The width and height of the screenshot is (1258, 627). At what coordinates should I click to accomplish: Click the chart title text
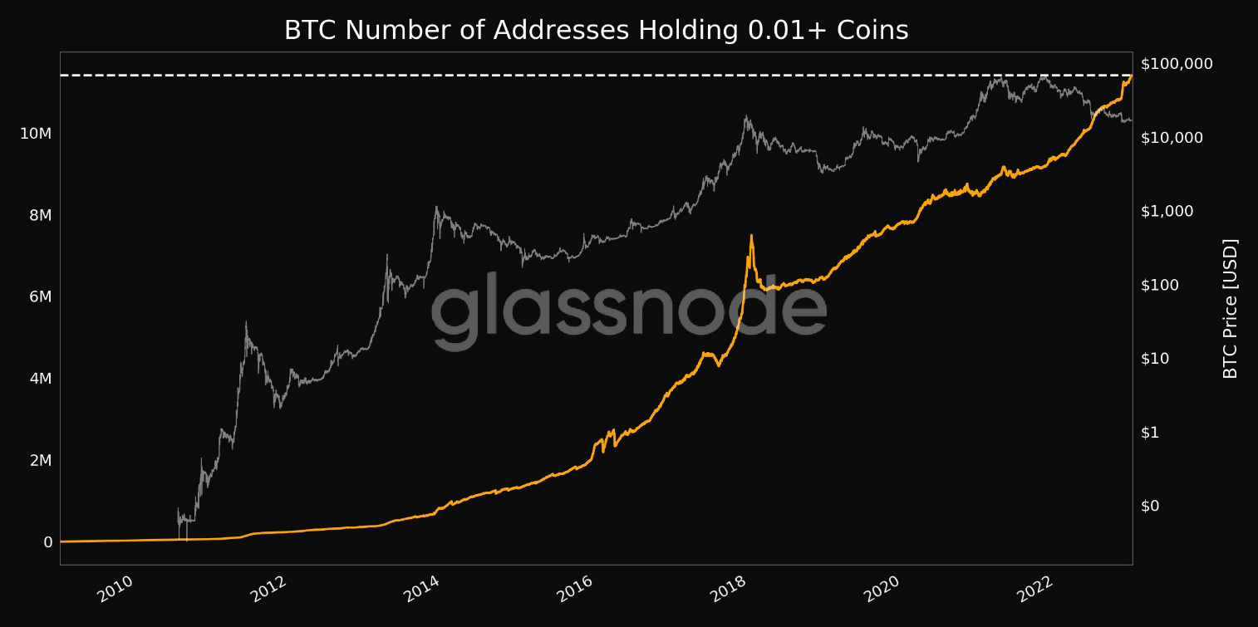pyautogui.click(x=596, y=31)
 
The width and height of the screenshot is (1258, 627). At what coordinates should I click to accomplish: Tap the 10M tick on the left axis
pyautogui.click(x=35, y=134)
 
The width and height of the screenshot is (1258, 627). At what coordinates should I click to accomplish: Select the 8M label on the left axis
pyautogui.click(x=35, y=215)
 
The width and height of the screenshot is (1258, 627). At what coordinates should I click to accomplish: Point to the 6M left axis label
pyautogui.click(x=35, y=296)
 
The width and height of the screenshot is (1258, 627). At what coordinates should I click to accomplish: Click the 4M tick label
pyautogui.click(x=35, y=379)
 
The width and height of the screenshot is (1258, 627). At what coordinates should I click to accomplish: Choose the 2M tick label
pyautogui.click(x=35, y=460)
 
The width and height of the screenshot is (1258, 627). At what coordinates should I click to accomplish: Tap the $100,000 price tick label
pyautogui.click(x=1177, y=64)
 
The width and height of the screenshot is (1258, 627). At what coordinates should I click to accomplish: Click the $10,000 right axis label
pyautogui.click(x=1172, y=138)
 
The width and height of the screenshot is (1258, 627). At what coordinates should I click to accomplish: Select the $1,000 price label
pyautogui.click(x=1167, y=211)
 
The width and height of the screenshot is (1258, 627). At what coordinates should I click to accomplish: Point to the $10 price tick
pyautogui.click(x=1156, y=359)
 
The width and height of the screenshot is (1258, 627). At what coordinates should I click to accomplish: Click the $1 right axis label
pyautogui.click(x=1152, y=433)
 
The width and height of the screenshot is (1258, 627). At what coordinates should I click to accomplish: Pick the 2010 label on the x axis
pyautogui.click(x=115, y=590)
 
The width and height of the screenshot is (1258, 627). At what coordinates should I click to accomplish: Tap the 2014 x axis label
pyautogui.click(x=421, y=590)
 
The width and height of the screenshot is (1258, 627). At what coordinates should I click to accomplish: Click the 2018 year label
pyautogui.click(x=728, y=590)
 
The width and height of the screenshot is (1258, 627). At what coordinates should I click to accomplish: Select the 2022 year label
pyautogui.click(x=1034, y=590)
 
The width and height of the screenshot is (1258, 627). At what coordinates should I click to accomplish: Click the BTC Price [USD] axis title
pyautogui.click(x=1231, y=308)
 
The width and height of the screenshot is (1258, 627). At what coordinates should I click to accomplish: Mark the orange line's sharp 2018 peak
pyautogui.click(x=751, y=235)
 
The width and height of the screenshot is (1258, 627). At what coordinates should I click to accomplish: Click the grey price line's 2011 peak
pyautogui.click(x=246, y=322)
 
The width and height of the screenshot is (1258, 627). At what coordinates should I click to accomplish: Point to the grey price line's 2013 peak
pyautogui.click(x=436, y=207)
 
